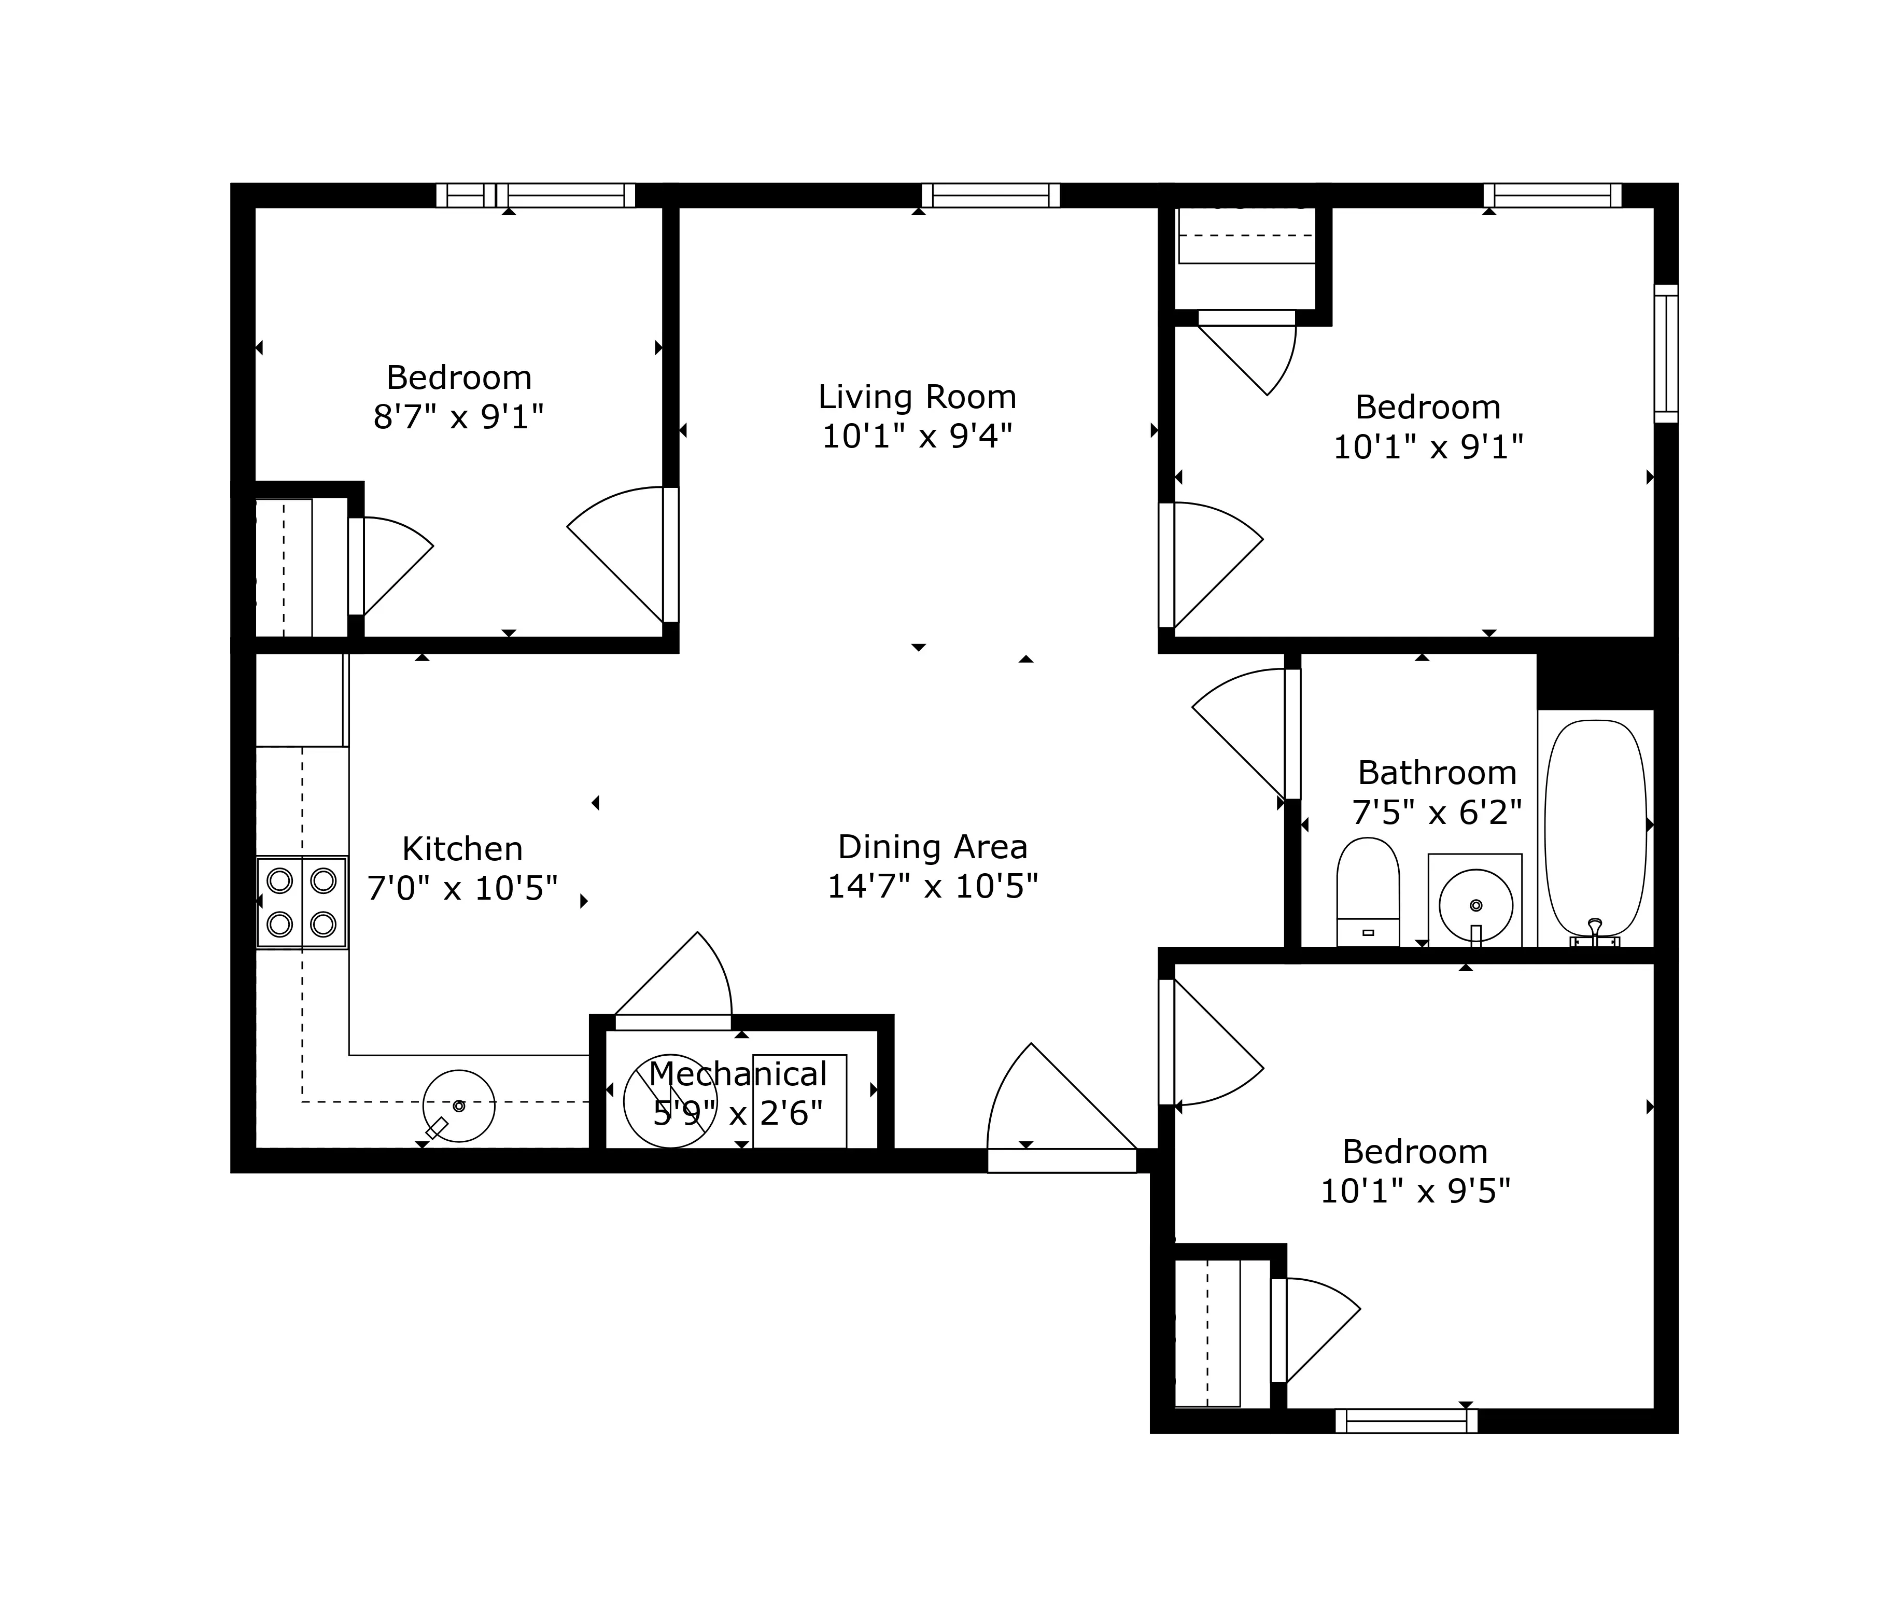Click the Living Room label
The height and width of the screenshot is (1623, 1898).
(917, 397)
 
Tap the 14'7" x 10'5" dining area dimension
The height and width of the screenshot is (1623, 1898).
(933, 886)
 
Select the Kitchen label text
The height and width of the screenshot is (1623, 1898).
(462, 849)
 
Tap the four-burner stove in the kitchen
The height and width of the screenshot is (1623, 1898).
(301, 903)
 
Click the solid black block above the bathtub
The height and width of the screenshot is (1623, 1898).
(1605, 680)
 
